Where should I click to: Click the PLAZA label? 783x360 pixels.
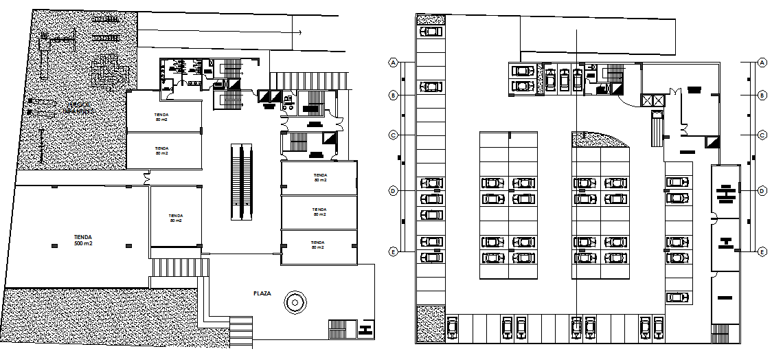point(262,293)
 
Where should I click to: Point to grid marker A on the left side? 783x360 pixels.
point(394,63)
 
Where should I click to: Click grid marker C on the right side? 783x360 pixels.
point(762,135)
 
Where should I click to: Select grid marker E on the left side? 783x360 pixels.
point(394,251)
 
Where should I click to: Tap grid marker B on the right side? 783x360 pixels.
point(762,95)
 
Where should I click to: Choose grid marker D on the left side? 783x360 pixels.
point(394,190)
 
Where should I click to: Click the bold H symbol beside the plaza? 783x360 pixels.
point(365,329)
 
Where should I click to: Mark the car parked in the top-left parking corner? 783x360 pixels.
point(431,32)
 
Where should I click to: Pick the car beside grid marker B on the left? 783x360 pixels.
point(431,87)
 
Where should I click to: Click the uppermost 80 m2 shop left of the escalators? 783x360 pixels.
point(163,115)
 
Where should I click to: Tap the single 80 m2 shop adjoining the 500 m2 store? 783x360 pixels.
point(176,217)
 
